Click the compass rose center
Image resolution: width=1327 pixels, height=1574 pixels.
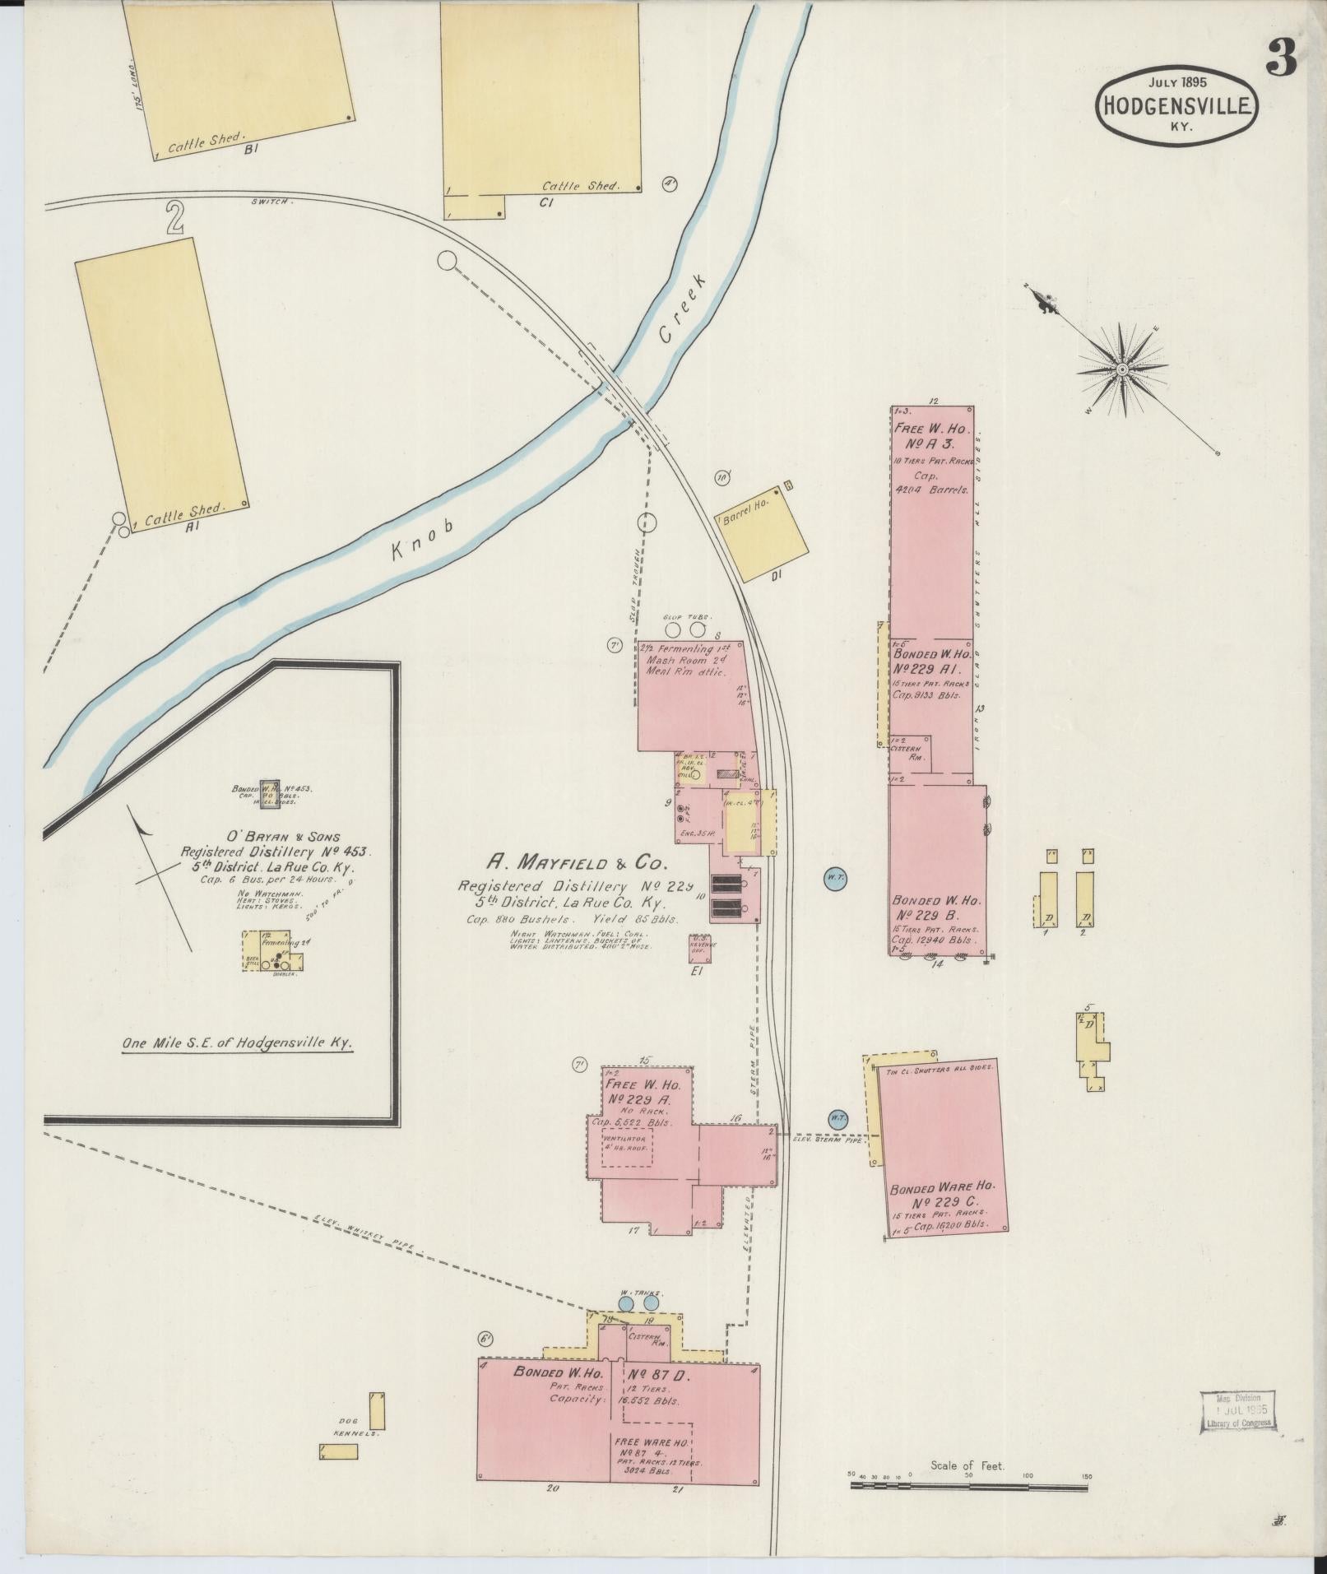click(1122, 370)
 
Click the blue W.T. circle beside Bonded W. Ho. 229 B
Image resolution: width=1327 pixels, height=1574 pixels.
click(835, 878)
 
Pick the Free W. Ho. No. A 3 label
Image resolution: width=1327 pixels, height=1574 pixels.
click(932, 436)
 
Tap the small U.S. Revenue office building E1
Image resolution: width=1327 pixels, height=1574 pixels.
click(703, 947)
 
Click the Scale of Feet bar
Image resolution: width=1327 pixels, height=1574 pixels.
click(969, 1487)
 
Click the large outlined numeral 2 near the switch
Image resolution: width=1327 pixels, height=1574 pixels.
click(174, 217)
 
